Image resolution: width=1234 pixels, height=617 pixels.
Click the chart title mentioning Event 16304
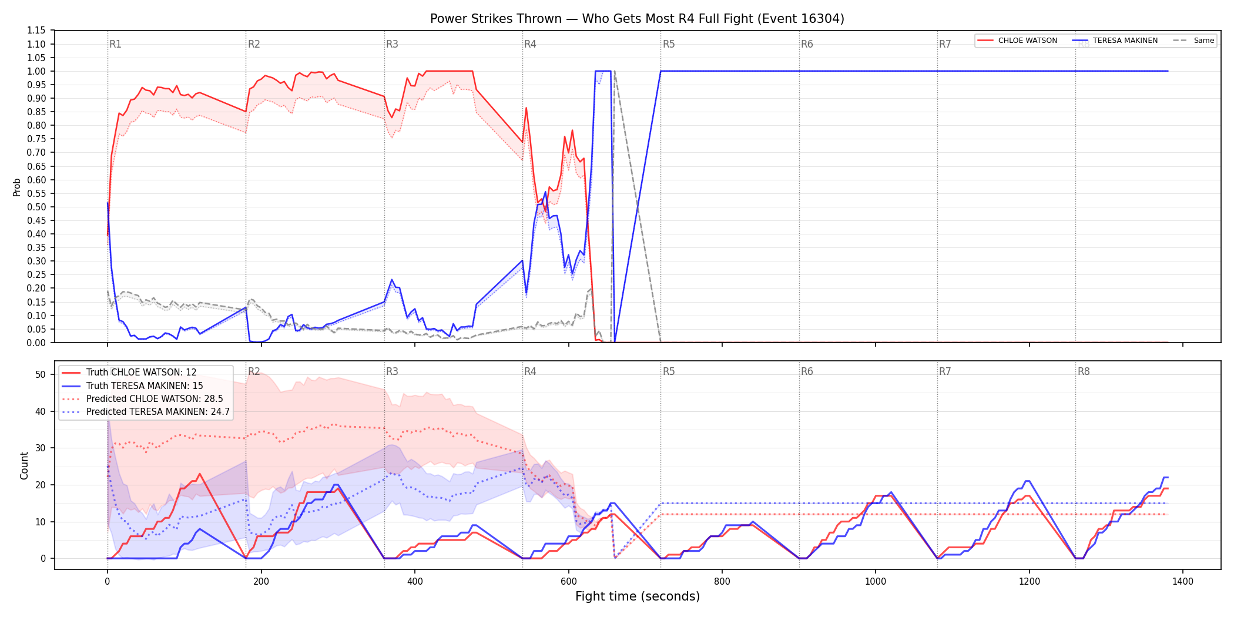[637, 19]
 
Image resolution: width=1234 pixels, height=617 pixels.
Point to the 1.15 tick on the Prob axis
[36, 31]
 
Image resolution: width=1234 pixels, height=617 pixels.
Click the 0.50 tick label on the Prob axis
[36, 207]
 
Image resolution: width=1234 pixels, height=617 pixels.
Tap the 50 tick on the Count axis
[41, 374]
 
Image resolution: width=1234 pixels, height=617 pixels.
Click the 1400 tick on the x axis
[1183, 582]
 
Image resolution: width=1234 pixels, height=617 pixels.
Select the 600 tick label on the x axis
[568, 582]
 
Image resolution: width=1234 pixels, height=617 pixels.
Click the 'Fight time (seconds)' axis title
[638, 596]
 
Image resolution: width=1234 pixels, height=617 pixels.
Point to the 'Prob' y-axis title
[17, 187]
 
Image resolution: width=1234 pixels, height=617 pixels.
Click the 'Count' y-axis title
[24, 465]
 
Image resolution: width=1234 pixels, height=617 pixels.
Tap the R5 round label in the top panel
[669, 44]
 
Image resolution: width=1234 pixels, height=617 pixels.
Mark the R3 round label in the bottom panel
[392, 371]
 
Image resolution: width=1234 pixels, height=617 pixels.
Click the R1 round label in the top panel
[115, 44]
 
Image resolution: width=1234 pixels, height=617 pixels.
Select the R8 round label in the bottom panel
[1084, 371]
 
